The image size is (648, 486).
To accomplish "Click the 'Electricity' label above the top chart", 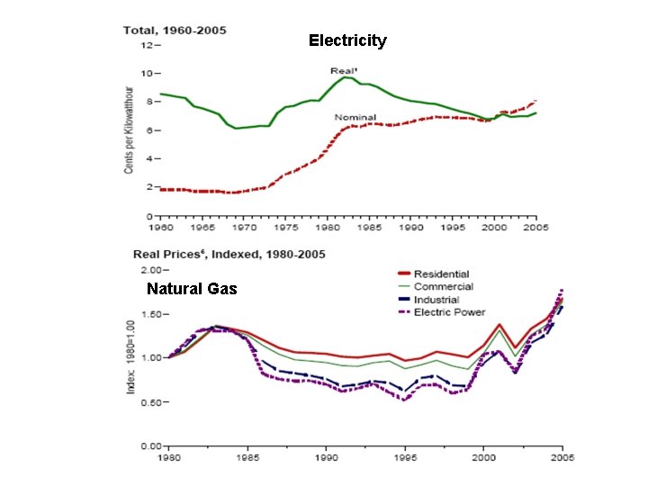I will point(347,40).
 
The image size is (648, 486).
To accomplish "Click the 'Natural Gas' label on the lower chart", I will point(192,289).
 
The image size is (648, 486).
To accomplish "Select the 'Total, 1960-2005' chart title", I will point(175,30).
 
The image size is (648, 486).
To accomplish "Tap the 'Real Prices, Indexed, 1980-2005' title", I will point(229,255).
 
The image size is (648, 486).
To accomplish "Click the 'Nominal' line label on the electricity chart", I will point(355,117).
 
